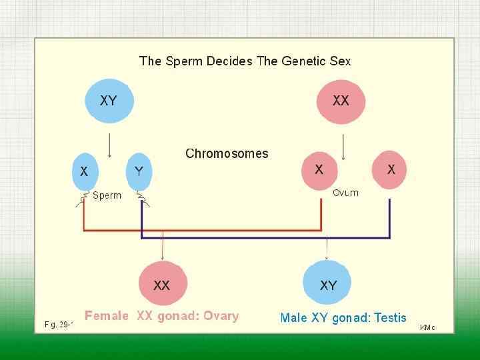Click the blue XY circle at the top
pos(109,101)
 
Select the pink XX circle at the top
pos(341,101)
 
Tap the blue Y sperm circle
pos(138,171)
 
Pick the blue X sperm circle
pos(84,171)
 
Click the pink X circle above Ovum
pos(319,169)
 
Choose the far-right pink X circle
pos(391,169)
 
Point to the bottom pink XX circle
pos(162,285)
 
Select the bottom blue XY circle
pos(328,285)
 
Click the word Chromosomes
pos(227,153)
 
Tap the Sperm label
pos(107,195)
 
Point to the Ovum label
pos(345,193)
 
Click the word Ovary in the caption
pos(221,315)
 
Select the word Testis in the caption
pos(390,317)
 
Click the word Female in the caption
pos(107,315)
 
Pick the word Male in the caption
pos(294,317)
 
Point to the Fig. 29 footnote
pos(59,325)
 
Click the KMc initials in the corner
pos(427,327)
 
